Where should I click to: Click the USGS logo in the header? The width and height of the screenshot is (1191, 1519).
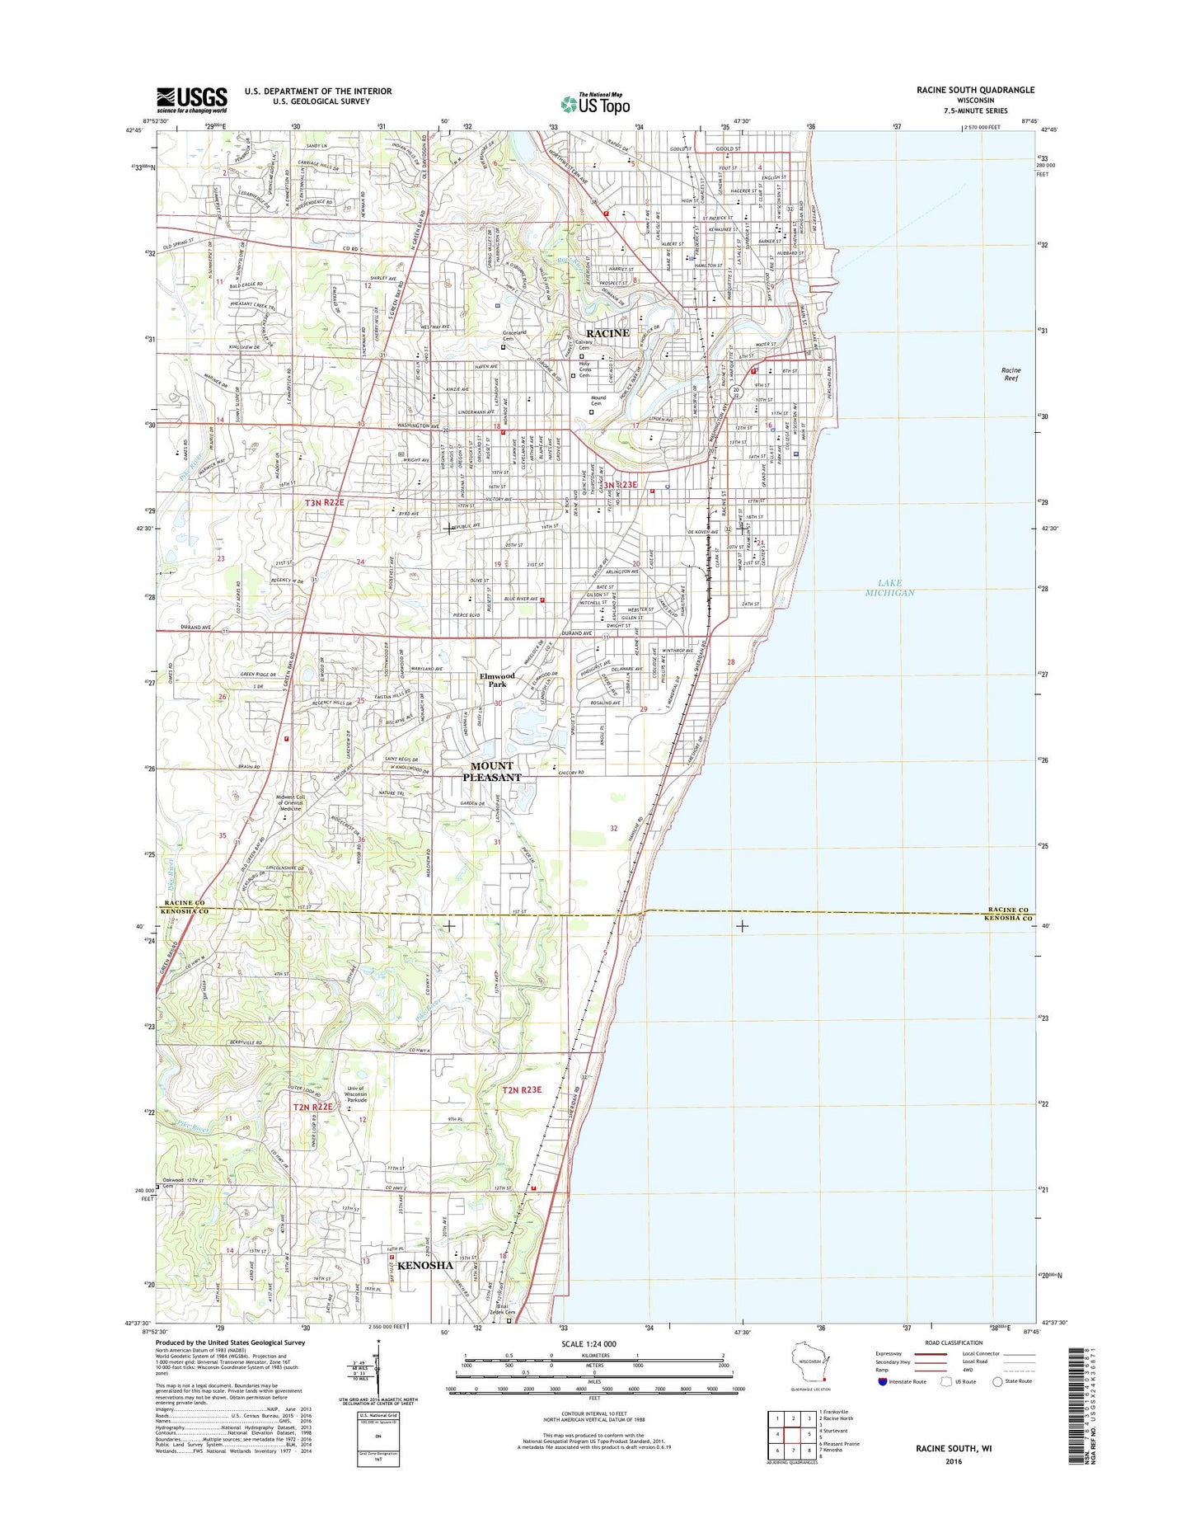click(191, 100)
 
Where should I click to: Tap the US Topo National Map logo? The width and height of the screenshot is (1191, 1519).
click(595, 103)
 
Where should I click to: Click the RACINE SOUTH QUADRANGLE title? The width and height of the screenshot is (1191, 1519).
click(975, 90)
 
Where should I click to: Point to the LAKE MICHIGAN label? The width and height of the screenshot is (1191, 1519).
click(890, 588)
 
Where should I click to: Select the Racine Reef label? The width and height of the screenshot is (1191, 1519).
click(1011, 374)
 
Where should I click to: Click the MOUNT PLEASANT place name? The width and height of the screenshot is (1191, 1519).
click(492, 771)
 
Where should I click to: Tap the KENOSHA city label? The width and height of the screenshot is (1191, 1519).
click(425, 1265)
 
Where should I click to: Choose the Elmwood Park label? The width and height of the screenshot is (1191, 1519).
click(497, 680)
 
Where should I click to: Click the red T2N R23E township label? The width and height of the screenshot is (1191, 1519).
click(523, 1089)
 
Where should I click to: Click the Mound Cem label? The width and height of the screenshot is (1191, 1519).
click(598, 401)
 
